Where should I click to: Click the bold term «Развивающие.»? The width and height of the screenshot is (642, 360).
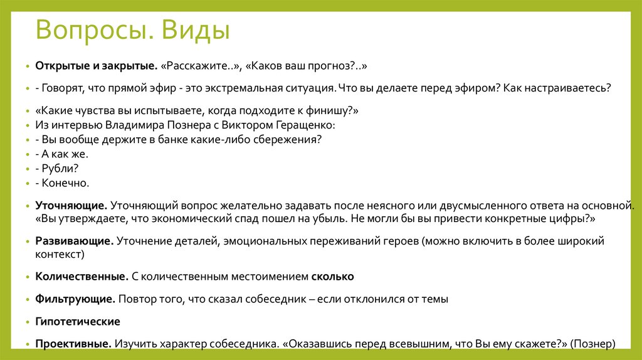(x=74, y=241)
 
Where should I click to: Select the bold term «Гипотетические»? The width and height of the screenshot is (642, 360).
(x=78, y=322)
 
